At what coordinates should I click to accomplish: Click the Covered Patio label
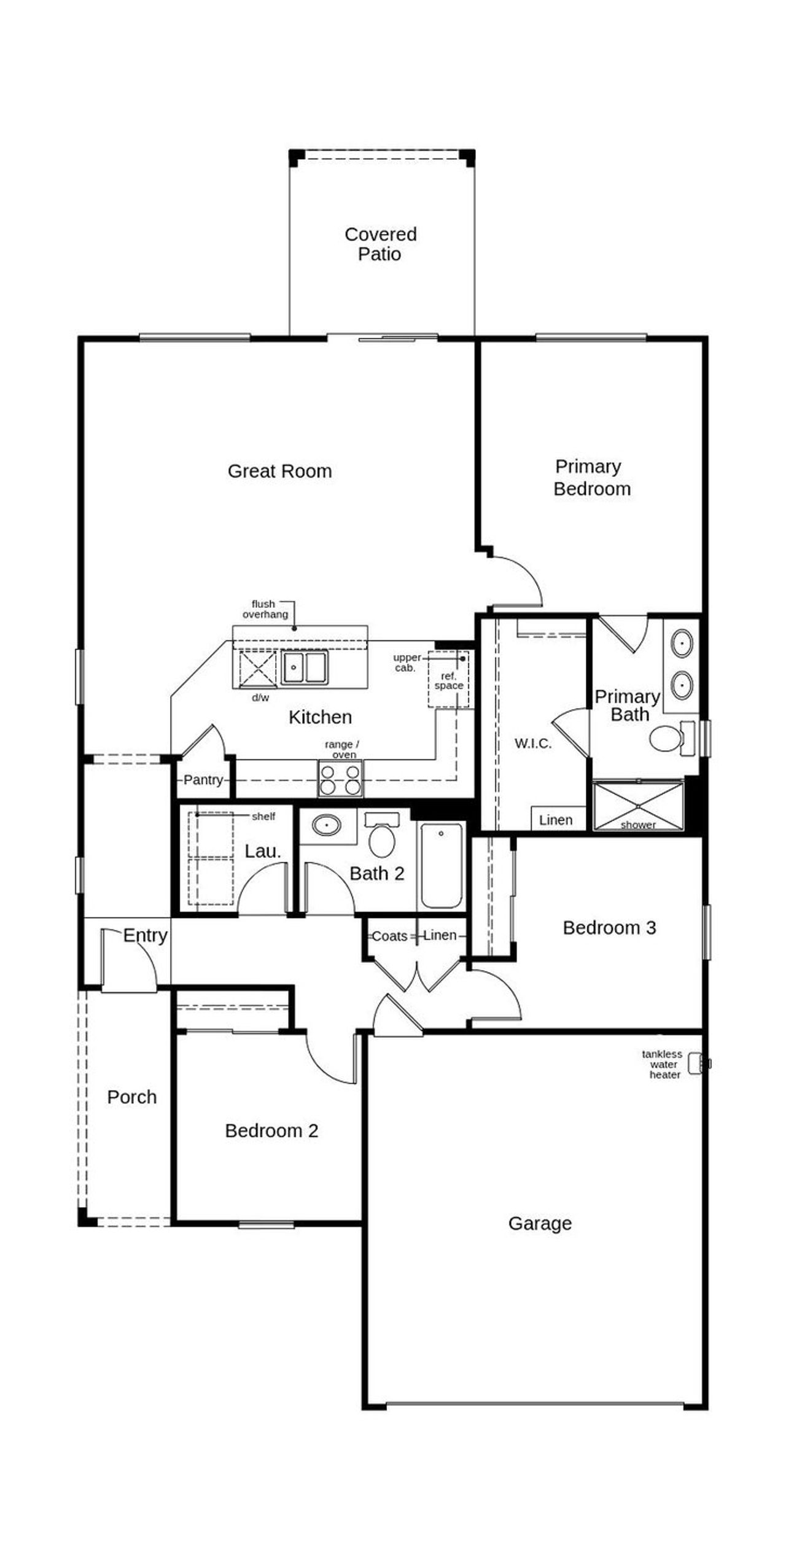click(380, 244)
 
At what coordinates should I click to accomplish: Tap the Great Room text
click(279, 471)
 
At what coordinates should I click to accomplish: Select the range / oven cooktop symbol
click(340, 779)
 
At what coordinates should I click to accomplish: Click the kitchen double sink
click(305, 667)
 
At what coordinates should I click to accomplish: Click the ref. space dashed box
click(448, 679)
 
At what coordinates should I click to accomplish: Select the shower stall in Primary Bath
click(638, 805)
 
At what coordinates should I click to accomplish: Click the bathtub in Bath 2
click(442, 866)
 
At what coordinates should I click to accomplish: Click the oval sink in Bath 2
click(326, 825)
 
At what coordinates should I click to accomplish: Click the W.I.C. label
click(533, 744)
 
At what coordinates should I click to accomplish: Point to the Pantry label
click(203, 780)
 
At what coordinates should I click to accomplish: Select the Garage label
click(540, 1224)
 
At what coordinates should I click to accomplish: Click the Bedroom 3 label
click(609, 928)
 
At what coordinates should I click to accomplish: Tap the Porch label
click(131, 1097)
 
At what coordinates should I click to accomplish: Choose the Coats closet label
click(389, 936)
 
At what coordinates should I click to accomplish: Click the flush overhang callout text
click(265, 609)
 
